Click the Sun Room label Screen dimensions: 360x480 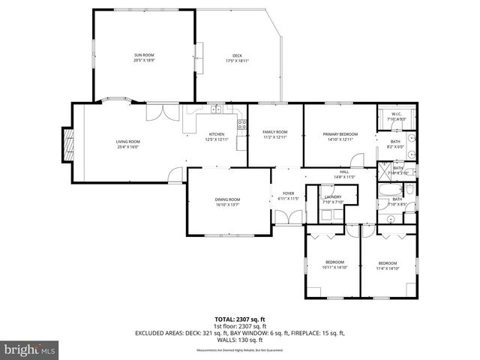[x=143, y=58]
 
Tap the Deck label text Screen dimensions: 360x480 [x=237, y=58]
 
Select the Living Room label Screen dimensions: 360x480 [x=127, y=144]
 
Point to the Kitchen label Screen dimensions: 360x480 [x=216, y=136]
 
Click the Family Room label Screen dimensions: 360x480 [x=275, y=134]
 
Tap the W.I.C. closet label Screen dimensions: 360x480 [x=396, y=117]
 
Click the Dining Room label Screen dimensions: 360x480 [x=227, y=202]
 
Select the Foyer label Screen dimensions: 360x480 [x=289, y=196]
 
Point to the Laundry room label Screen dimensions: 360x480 [x=332, y=199]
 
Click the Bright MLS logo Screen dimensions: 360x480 [x=30, y=349]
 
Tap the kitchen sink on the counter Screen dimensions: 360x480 [x=215, y=111]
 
